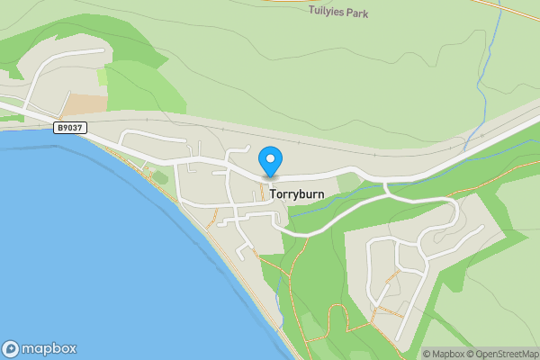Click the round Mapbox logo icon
(x=12, y=348)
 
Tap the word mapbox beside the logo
(x=49, y=348)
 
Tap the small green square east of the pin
(x=348, y=183)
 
